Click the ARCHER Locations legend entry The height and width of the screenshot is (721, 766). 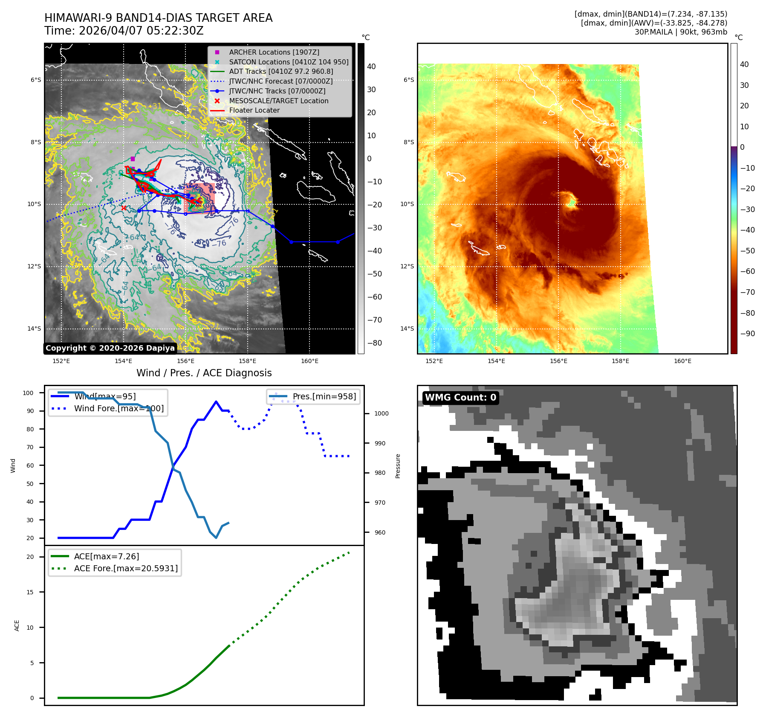(x=274, y=52)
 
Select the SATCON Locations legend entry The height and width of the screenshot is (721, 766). (x=289, y=62)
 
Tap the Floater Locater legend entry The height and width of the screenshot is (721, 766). (x=254, y=110)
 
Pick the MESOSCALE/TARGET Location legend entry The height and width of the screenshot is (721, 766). (x=278, y=101)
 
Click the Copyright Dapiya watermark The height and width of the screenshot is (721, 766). (x=110, y=348)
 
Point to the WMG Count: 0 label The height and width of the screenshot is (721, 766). (x=460, y=398)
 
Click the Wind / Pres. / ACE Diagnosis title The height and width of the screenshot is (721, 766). (x=204, y=373)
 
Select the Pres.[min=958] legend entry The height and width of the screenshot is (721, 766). (x=324, y=396)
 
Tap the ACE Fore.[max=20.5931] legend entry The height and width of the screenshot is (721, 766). (x=126, y=568)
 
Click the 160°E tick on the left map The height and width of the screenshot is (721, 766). (x=309, y=361)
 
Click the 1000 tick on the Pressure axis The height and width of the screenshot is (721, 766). (x=381, y=413)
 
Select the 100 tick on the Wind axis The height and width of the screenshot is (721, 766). (x=28, y=393)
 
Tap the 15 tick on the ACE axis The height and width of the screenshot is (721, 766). (x=30, y=592)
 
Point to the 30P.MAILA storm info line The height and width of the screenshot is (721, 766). (x=680, y=32)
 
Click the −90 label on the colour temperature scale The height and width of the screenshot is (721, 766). (x=747, y=334)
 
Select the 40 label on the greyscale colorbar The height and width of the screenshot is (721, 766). (x=371, y=67)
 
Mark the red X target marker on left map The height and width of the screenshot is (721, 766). (x=124, y=208)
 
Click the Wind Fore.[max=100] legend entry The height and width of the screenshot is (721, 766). (x=119, y=408)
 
